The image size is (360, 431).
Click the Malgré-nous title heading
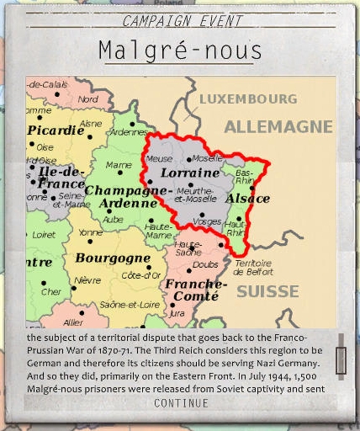pos(180,50)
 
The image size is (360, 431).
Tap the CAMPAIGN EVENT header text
pos(182,21)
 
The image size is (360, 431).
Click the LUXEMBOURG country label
pos(248,99)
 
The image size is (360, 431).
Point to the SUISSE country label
pos(267,292)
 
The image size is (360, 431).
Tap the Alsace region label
pos(247,199)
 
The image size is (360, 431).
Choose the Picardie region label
pos(56,130)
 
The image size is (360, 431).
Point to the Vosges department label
pos(201,221)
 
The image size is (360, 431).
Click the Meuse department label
pos(159,158)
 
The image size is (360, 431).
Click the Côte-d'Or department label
pos(140,275)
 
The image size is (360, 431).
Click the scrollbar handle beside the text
pos(340,354)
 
